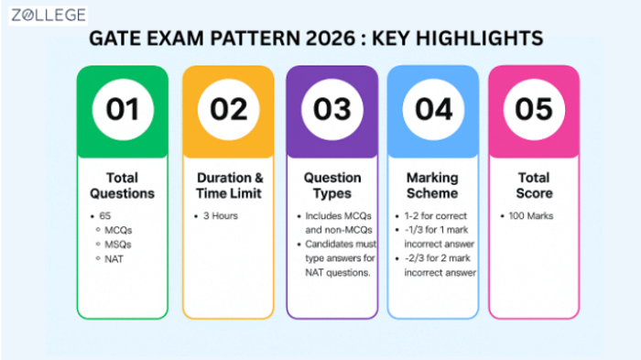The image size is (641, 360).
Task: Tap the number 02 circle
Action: click(228, 109)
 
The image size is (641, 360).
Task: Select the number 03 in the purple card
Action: click(332, 109)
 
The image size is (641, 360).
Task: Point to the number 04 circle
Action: click(433, 109)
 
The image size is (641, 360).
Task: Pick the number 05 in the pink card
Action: click(534, 109)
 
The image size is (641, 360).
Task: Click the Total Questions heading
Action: click(122, 185)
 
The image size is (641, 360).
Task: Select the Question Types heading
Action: click(332, 185)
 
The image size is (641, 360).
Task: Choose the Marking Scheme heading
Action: click(433, 185)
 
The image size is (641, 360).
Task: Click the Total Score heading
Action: click(534, 185)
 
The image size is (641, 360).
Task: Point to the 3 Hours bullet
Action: click(222, 216)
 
